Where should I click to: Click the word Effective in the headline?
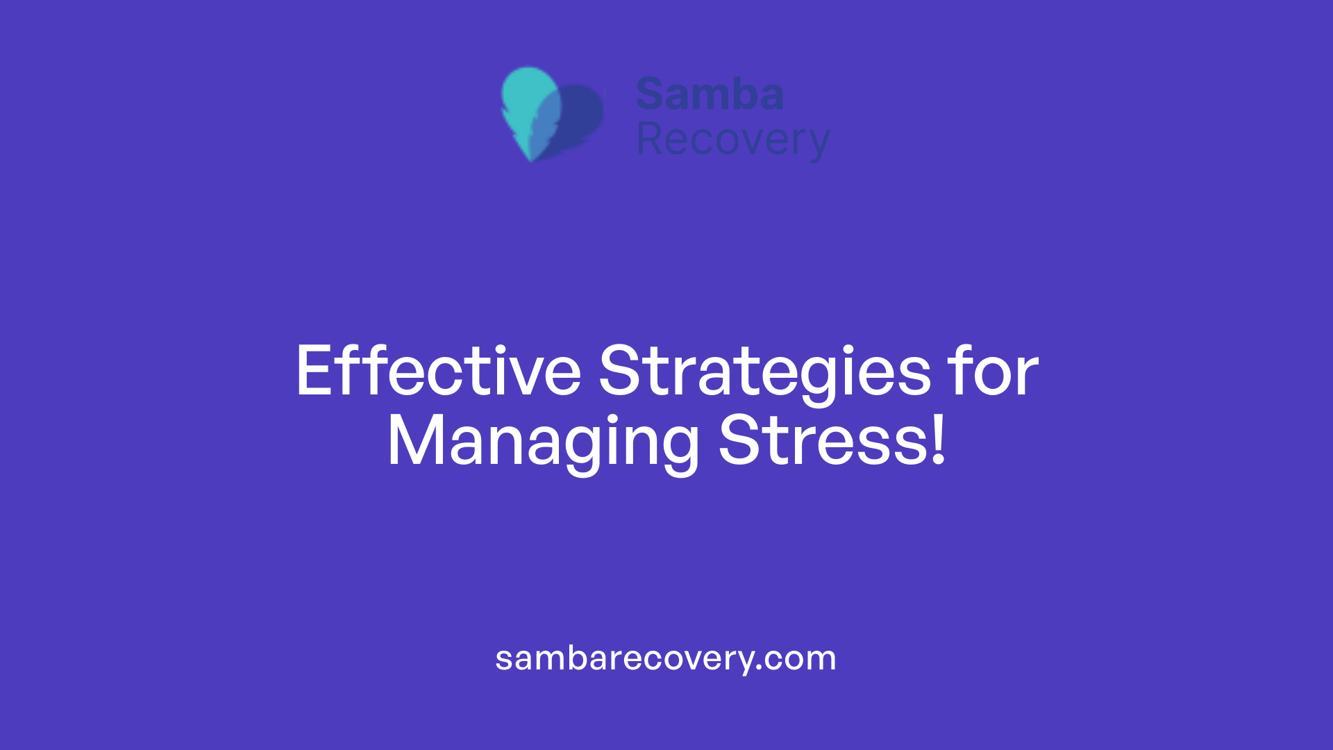tap(438, 372)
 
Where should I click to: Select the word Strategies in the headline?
tap(764, 372)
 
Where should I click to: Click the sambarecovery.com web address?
tap(665, 658)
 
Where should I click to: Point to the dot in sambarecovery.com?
tap(760, 668)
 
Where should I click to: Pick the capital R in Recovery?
tap(650, 140)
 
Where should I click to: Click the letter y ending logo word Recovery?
tap(819, 144)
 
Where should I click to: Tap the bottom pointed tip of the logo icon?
tap(531, 159)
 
